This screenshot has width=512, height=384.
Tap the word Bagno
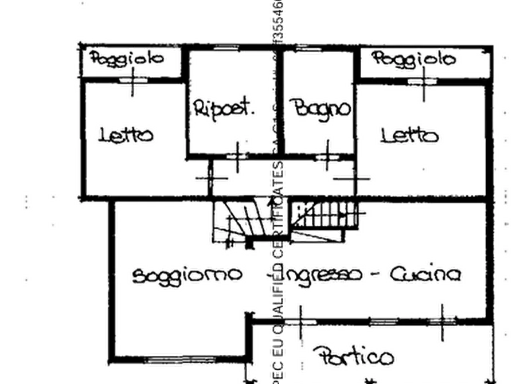[x=319, y=107]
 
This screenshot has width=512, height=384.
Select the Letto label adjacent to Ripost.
[x=127, y=135]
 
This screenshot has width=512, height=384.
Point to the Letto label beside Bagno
[x=410, y=135]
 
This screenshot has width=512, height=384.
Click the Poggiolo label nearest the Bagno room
[x=413, y=58]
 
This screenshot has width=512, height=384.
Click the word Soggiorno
[x=186, y=275]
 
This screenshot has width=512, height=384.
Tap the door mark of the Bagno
[x=327, y=154]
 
